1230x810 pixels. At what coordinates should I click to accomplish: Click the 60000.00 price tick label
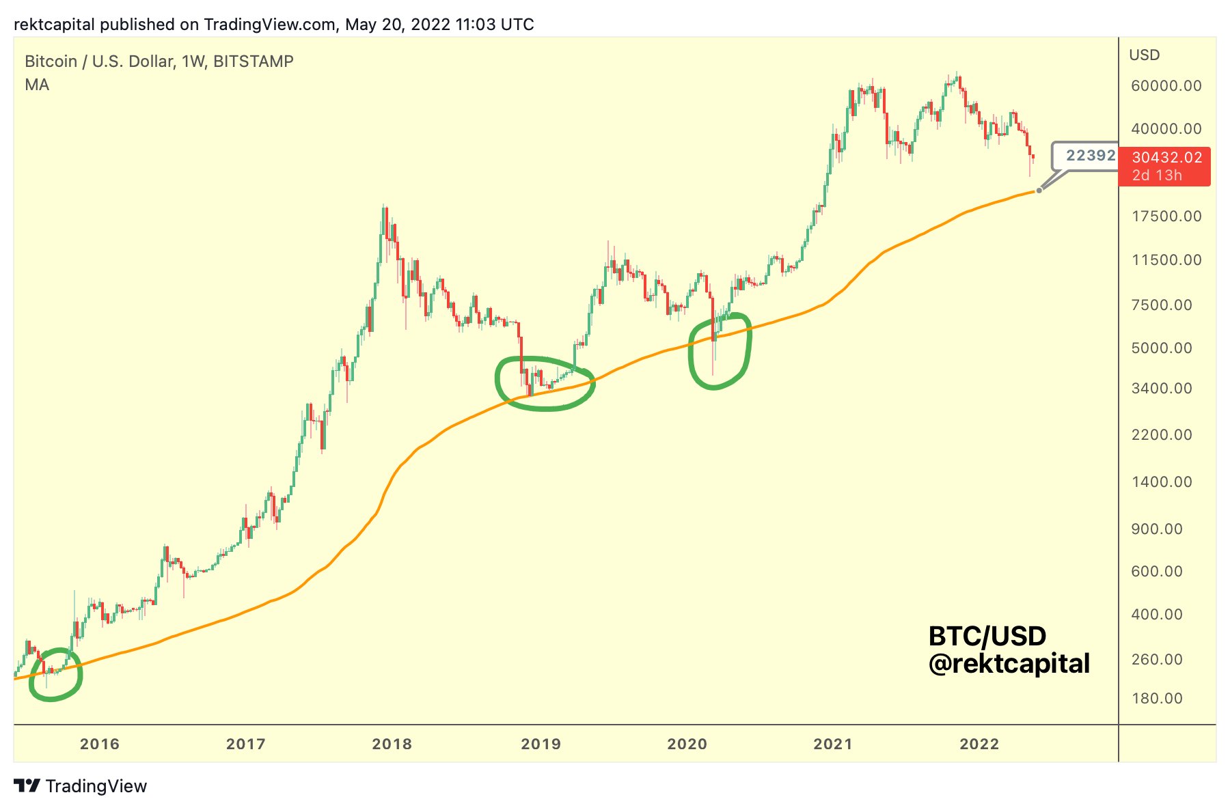pyautogui.click(x=1166, y=86)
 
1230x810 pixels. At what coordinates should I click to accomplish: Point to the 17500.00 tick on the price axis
pyautogui.click(x=1166, y=217)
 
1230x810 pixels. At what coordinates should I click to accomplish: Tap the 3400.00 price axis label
pyautogui.click(x=1162, y=389)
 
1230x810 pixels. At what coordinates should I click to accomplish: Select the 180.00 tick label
pyautogui.click(x=1157, y=699)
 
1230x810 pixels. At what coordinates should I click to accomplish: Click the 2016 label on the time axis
pyautogui.click(x=100, y=744)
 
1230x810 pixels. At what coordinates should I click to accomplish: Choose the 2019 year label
pyautogui.click(x=541, y=744)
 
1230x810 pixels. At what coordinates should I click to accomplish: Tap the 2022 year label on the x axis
pyautogui.click(x=979, y=744)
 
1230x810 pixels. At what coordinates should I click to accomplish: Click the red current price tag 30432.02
pyautogui.click(x=1166, y=158)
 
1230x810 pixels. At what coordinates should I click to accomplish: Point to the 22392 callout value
pyautogui.click(x=1091, y=156)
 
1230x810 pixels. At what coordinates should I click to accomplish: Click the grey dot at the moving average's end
pyautogui.click(x=1039, y=191)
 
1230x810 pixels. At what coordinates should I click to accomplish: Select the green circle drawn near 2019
pyautogui.click(x=545, y=384)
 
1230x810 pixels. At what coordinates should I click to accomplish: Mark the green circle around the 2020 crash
pyautogui.click(x=720, y=352)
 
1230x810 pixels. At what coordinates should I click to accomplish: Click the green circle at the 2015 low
pyautogui.click(x=55, y=675)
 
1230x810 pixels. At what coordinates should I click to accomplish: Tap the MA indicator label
pyautogui.click(x=37, y=85)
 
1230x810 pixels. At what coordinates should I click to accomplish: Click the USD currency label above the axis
pyautogui.click(x=1144, y=55)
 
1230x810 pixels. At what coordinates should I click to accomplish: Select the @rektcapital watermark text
pyautogui.click(x=1009, y=664)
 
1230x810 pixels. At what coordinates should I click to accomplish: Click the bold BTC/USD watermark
pyautogui.click(x=987, y=637)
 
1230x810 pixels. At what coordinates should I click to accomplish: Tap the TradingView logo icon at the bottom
pyautogui.click(x=27, y=786)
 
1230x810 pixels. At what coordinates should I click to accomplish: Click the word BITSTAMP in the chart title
pyautogui.click(x=254, y=61)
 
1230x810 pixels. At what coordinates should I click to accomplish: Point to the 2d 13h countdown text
pyautogui.click(x=1157, y=176)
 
